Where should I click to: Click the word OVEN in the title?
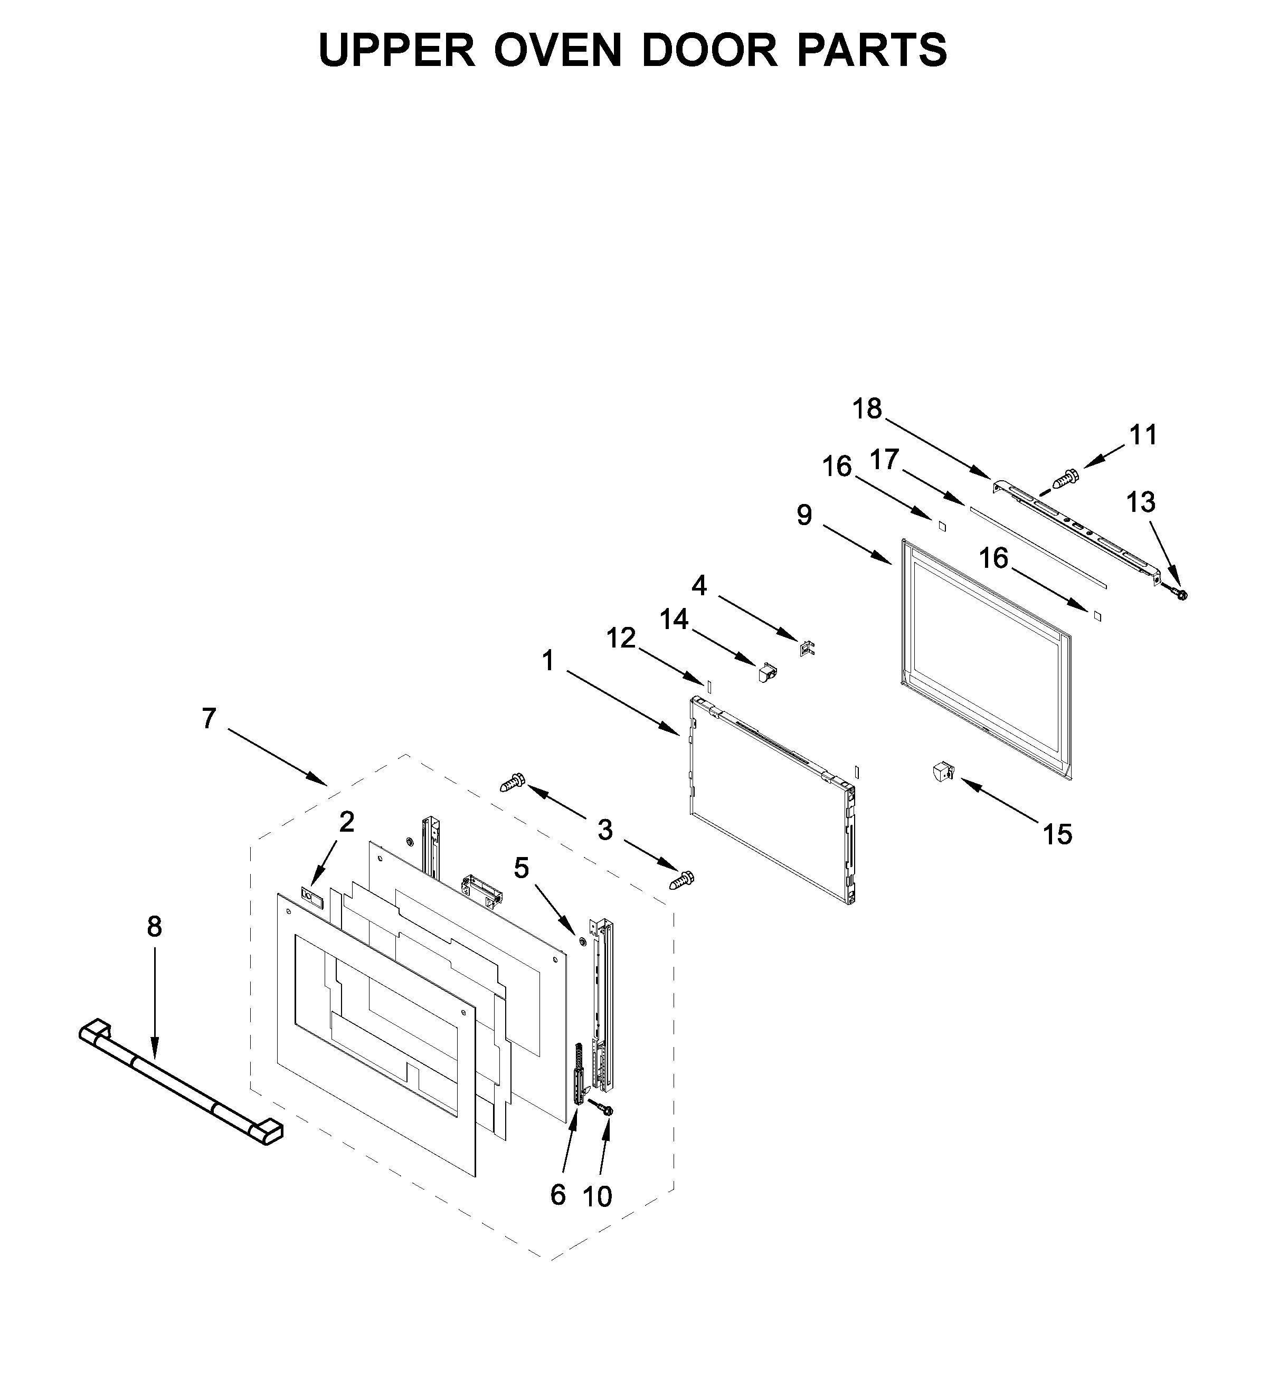[x=557, y=50]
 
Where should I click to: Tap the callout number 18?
[x=867, y=409]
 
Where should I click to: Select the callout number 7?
[x=209, y=718]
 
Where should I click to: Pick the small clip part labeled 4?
[x=807, y=649]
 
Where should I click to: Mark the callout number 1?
[x=548, y=661]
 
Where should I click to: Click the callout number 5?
[x=522, y=868]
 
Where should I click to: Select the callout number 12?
[x=621, y=637]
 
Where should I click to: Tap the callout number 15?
[x=1057, y=835]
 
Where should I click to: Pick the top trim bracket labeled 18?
[x=1076, y=525]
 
